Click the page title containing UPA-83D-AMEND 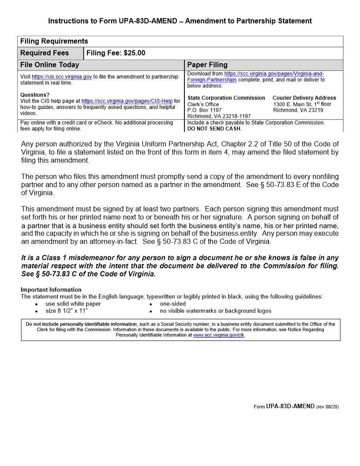pos(180,21)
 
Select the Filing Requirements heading pos(54,41)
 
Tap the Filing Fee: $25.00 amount pos(116,53)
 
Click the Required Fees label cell pos(45,53)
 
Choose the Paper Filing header pos(207,65)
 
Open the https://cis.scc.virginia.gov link pos(62,77)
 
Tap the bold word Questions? pos(35,95)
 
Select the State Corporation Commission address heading pos(226,98)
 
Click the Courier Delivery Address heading pos(304,98)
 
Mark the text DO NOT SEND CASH pos(214,129)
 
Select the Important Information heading pos(51,290)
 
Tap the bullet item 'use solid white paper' pos(73,304)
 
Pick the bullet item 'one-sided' pos(173,304)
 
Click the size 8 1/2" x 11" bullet pos(67,311)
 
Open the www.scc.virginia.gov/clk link pos(218,335)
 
